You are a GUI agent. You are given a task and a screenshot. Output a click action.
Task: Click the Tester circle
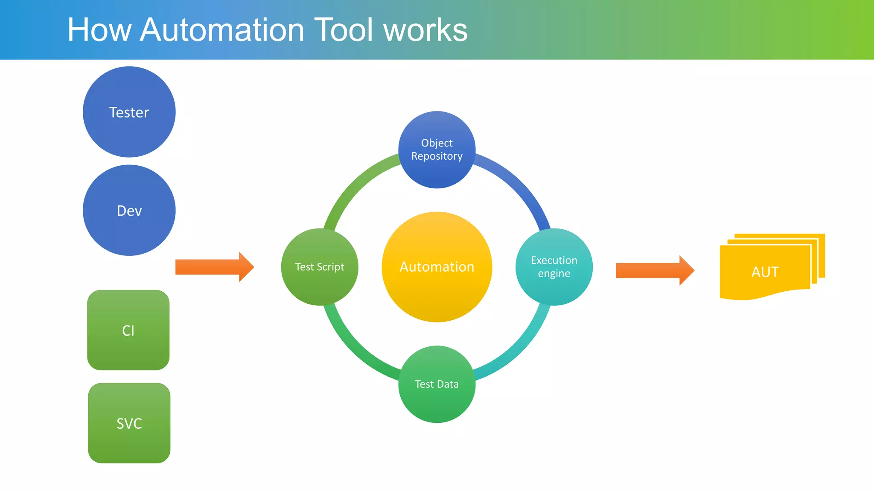click(129, 112)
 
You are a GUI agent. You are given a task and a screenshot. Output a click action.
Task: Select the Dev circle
click(129, 211)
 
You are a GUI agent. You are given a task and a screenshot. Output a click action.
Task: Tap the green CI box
click(128, 330)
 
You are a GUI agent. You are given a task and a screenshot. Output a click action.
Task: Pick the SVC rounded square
click(129, 423)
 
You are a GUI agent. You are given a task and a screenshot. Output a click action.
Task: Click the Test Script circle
click(320, 267)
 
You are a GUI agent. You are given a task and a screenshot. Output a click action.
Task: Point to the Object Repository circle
click(437, 149)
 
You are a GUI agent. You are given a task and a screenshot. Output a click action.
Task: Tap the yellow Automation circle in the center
click(437, 267)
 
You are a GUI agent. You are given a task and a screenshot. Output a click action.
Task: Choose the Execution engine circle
click(554, 267)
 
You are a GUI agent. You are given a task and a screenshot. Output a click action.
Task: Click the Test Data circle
click(437, 384)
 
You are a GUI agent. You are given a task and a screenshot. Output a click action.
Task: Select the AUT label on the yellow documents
click(765, 272)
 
